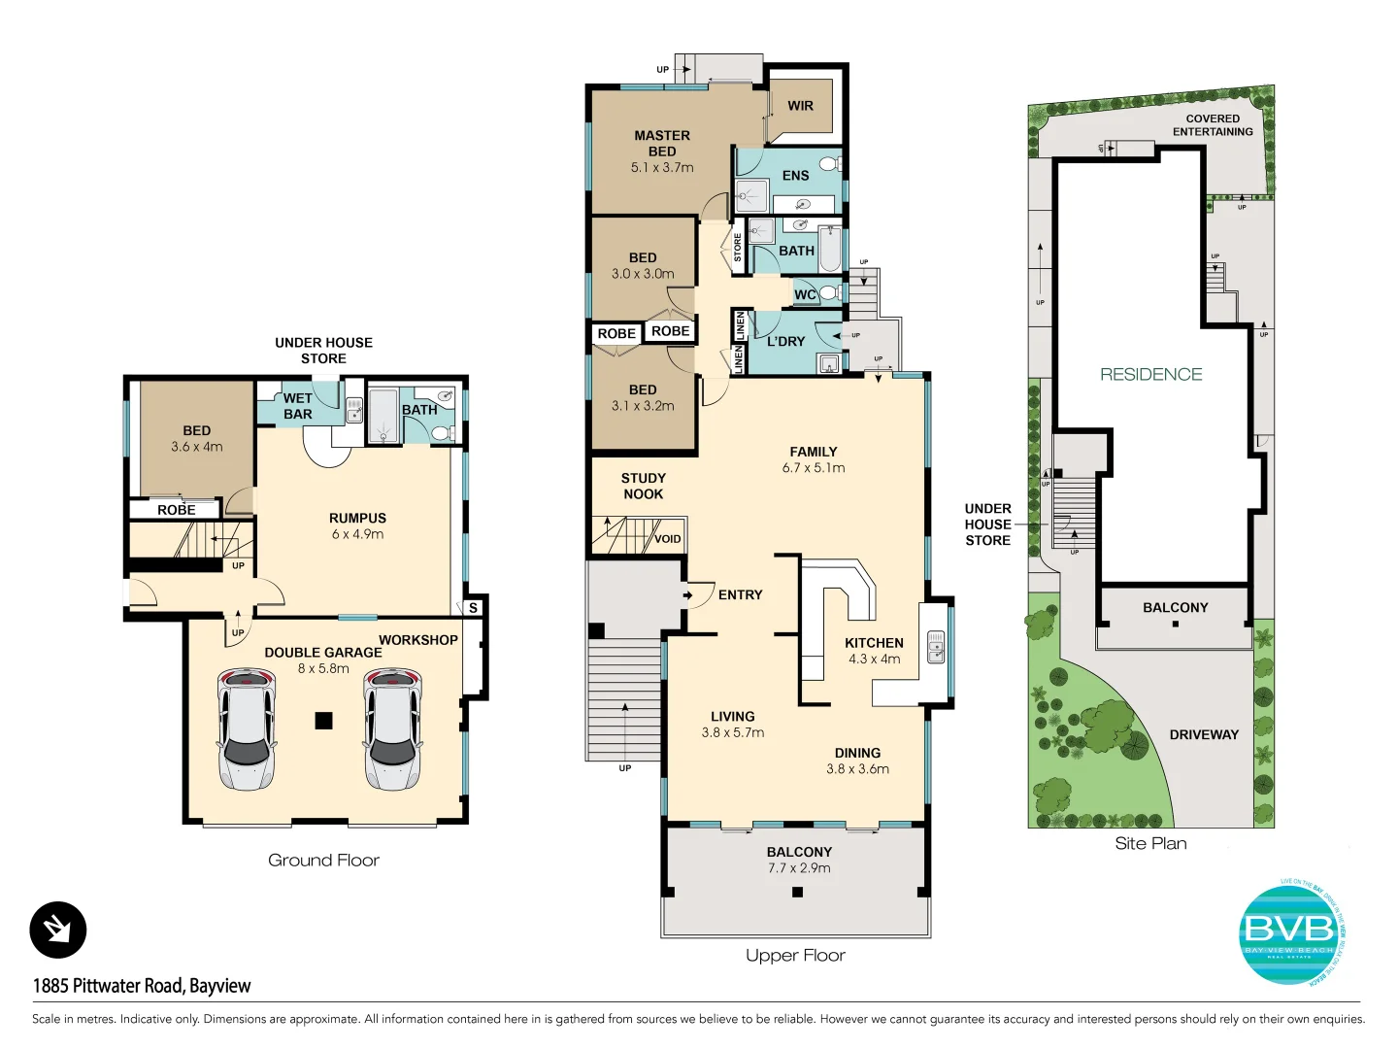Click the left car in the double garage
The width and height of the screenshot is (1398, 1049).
point(246,728)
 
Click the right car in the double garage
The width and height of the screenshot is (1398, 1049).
point(392,728)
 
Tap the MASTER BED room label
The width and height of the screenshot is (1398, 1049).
point(662,144)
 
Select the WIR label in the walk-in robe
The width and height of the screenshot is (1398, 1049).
point(800,106)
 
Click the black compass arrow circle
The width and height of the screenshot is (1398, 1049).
point(58,930)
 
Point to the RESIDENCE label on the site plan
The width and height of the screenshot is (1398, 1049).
point(1150,374)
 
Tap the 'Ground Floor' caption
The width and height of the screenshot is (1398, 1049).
point(323,860)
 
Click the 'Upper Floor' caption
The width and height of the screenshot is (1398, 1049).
point(795,955)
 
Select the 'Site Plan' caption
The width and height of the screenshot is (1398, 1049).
point(1150,843)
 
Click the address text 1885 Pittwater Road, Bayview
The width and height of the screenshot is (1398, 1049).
point(142,985)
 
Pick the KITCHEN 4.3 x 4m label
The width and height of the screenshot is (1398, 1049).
point(874,651)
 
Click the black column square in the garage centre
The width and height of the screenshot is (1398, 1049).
point(323,720)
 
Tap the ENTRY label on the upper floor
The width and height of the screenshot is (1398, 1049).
point(740,594)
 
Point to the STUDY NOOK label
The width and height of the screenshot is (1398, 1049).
point(643,486)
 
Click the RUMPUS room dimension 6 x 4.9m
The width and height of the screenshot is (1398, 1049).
point(357,534)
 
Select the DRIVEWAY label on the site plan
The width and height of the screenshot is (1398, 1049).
point(1204,734)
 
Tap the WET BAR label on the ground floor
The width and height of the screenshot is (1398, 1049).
point(298,406)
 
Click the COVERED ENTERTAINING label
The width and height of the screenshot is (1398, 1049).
point(1213,125)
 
